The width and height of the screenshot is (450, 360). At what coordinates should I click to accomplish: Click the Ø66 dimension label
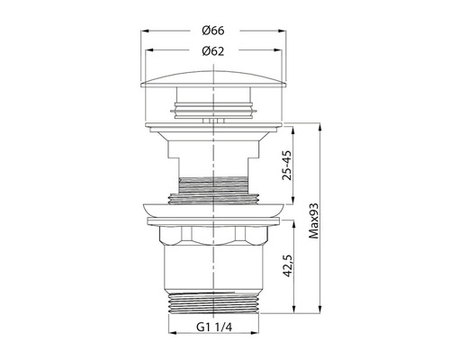[x=213, y=31]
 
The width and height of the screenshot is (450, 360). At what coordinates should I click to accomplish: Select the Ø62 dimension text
[x=213, y=51]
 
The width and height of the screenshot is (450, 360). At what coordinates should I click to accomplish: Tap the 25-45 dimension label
[x=287, y=166]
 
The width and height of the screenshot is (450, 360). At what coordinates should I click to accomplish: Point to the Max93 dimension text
[x=314, y=220]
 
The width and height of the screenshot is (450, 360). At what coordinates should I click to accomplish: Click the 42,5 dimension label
[x=287, y=265]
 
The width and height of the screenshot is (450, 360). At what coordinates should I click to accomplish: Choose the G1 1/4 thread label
[x=214, y=327]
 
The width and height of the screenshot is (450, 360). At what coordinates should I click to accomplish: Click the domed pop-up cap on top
[x=213, y=79]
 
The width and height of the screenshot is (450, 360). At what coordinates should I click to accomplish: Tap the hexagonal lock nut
[x=213, y=235]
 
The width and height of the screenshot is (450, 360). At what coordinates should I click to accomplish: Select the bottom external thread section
[x=213, y=302]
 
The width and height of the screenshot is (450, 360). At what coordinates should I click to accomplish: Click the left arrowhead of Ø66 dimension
[x=145, y=31]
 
